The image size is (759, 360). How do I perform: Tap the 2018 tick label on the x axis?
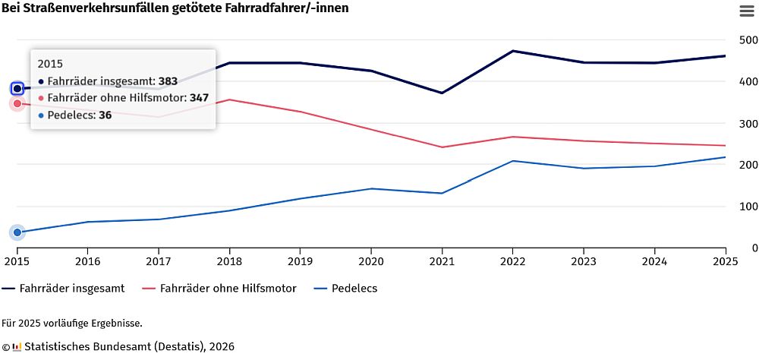(x=229, y=261)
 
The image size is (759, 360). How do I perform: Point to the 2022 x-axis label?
(x=512, y=261)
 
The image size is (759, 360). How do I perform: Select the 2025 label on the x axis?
(x=725, y=261)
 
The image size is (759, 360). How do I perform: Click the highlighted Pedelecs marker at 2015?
(x=17, y=232)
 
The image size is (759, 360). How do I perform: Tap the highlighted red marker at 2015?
(x=17, y=103)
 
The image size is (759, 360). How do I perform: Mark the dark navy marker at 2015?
(x=17, y=88)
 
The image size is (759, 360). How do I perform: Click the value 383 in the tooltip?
(x=168, y=81)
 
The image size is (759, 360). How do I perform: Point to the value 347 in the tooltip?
(x=199, y=98)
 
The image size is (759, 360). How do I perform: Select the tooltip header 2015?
(x=50, y=64)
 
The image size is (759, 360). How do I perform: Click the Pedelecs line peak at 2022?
(x=513, y=161)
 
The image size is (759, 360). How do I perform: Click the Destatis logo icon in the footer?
(x=17, y=346)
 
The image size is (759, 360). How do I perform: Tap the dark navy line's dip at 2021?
(x=442, y=93)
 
